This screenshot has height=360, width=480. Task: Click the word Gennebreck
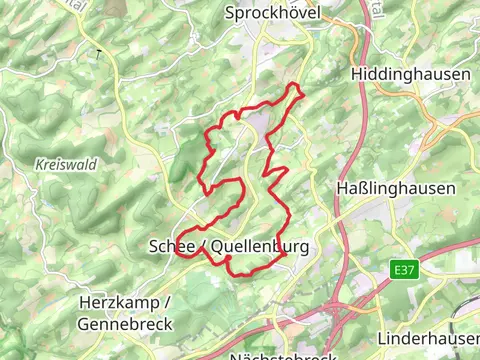(124, 324)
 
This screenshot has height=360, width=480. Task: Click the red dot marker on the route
(228, 259)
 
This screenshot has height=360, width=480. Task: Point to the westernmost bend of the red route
(177, 250)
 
